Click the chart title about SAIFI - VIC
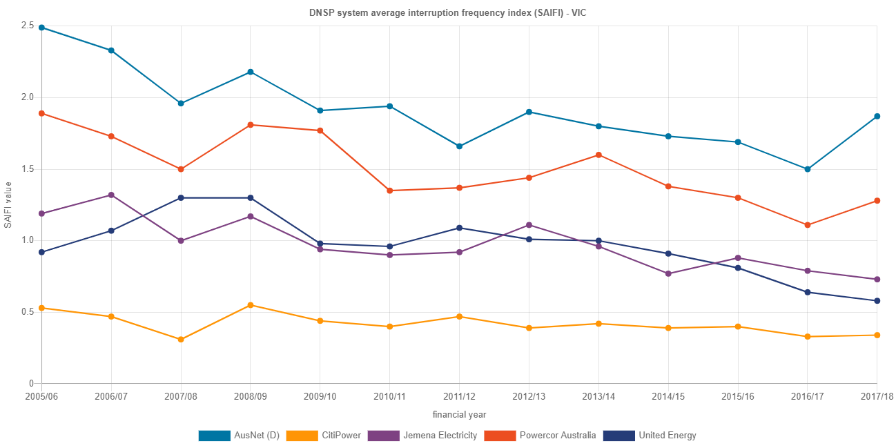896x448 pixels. pyautogui.click(x=448, y=13)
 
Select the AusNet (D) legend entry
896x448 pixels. pyautogui.click(x=238, y=436)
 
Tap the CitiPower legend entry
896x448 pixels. pyautogui.click(x=322, y=436)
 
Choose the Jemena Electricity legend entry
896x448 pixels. pyautogui.click(x=422, y=436)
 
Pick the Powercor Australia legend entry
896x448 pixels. pyautogui.click(x=540, y=436)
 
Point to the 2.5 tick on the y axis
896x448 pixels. pyautogui.click(x=28, y=26)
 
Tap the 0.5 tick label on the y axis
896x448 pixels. pyautogui.click(x=28, y=312)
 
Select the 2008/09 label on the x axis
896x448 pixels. pyautogui.click(x=251, y=397)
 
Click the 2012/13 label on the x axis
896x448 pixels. pyautogui.click(x=529, y=397)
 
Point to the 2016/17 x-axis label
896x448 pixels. pyautogui.click(x=807, y=397)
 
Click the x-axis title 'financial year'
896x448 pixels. pyautogui.click(x=459, y=415)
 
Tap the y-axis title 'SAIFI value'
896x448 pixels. pyautogui.click(x=8, y=204)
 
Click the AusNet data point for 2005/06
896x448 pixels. pyautogui.click(x=42, y=28)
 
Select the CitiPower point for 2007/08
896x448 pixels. pyautogui.click(x=181, y=340)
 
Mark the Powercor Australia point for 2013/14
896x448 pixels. pyautogui.click(x=598, y=155)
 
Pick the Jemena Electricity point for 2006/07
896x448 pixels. pyautogui.click(x=111, y=195)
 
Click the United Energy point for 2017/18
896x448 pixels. pyautogui.click(x=877, y=301)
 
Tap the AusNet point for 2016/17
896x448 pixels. pyautogui.click(x=808, y=169)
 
